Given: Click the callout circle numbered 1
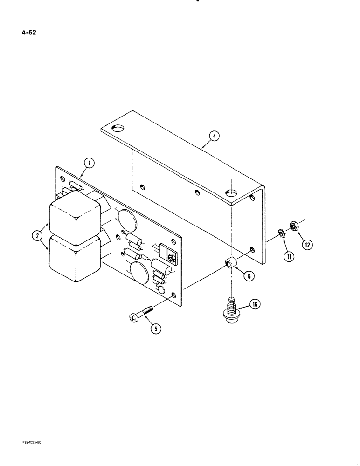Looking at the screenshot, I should [89, 163].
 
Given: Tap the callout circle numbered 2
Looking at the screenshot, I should [36, 237].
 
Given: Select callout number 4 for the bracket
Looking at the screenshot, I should [213, 136].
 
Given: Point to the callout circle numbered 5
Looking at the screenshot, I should [156, 329].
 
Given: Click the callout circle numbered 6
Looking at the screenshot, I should [249, 276].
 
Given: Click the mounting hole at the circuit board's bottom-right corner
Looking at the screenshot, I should [174, 295].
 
